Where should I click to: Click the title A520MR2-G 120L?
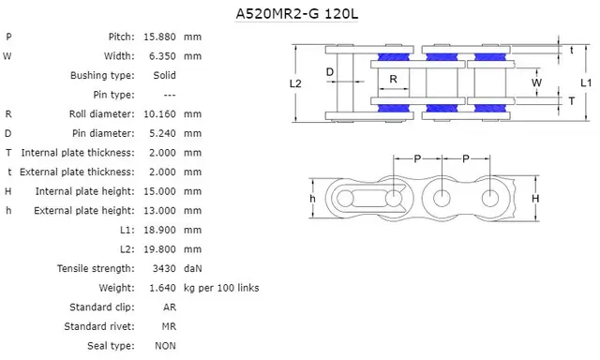click(299, 15)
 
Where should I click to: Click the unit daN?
click(194, 268)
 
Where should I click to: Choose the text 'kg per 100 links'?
click(221, 288)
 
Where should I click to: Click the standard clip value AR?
click(169, 307)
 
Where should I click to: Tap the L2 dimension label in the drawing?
click(295, 83)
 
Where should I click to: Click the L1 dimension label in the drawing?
click(585, 83)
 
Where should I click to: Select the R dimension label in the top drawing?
click(394, 79)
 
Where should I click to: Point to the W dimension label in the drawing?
click(536, 82)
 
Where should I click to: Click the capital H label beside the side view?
click(535, 199)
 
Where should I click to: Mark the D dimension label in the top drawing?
click(330, 71)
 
